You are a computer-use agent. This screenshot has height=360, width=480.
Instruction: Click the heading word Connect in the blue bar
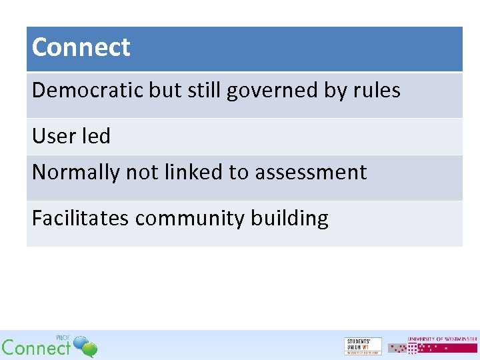pyautogui.click(x=81, y=47)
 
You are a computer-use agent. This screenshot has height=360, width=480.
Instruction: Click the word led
pyautogui.click(x=95, y=136)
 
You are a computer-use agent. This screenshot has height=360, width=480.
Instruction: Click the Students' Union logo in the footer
pyautogui.click(x=363, y=346)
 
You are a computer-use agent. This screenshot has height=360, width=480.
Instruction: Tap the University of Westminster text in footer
pyautogui.click(x=442, y=339)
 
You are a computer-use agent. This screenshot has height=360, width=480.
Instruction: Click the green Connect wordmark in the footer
pyautogui.click(x=36, y=347)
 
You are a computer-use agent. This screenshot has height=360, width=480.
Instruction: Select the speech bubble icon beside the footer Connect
pyautogui.click(x=85, y=346)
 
